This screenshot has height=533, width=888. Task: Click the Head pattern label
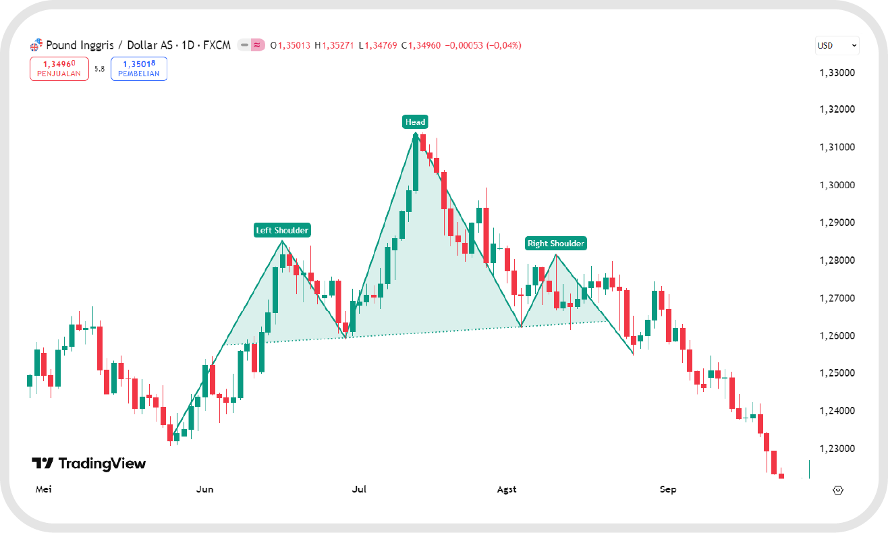click(415, 122)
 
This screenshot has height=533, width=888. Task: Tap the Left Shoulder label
click(282, 230)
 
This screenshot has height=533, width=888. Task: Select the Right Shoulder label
click(556, 244)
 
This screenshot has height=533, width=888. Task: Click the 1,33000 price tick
click(836, 72)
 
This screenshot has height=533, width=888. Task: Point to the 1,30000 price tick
click(836, 186)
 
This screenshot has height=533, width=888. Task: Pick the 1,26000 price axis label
click(836, 336)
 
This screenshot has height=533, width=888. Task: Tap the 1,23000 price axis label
click(836, 449)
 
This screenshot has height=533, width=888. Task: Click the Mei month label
click(44, 489)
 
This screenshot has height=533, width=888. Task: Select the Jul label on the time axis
click(359, 489)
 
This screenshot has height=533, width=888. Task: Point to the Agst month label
click(507, 489)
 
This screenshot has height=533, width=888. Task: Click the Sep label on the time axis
click(668, 489)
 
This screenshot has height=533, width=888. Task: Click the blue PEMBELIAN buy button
click(139, 69)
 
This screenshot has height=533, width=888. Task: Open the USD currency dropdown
click(837, 45)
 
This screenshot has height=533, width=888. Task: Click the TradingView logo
click(88, 464)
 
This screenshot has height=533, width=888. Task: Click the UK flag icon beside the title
click(36, 46)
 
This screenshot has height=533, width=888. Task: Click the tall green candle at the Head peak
click(416, 162)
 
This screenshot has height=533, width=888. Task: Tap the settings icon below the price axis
click(839, 490)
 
